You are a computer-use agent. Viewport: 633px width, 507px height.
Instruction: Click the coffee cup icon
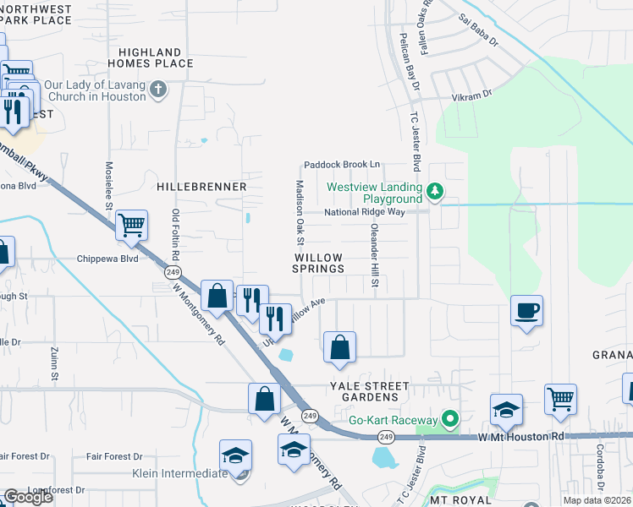point(526,311)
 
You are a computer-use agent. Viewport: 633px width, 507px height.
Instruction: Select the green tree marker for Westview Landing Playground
point(435,192)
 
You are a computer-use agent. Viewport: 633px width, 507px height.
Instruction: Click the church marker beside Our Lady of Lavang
point(157,90)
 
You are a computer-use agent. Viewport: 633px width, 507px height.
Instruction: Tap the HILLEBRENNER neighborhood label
point(201,186)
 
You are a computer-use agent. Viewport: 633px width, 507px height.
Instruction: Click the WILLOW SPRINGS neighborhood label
point(318,263)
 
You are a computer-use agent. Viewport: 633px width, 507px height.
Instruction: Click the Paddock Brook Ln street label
point(343,165)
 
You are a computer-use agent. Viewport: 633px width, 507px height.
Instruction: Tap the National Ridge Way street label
point(365,212)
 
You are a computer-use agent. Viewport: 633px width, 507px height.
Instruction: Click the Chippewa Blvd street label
point(107,259)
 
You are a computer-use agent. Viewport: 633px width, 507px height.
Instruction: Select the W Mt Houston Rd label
point(520,437)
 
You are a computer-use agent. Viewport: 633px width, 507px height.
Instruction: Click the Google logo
point(29,496)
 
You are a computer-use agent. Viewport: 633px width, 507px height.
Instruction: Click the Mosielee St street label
point(108,186)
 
